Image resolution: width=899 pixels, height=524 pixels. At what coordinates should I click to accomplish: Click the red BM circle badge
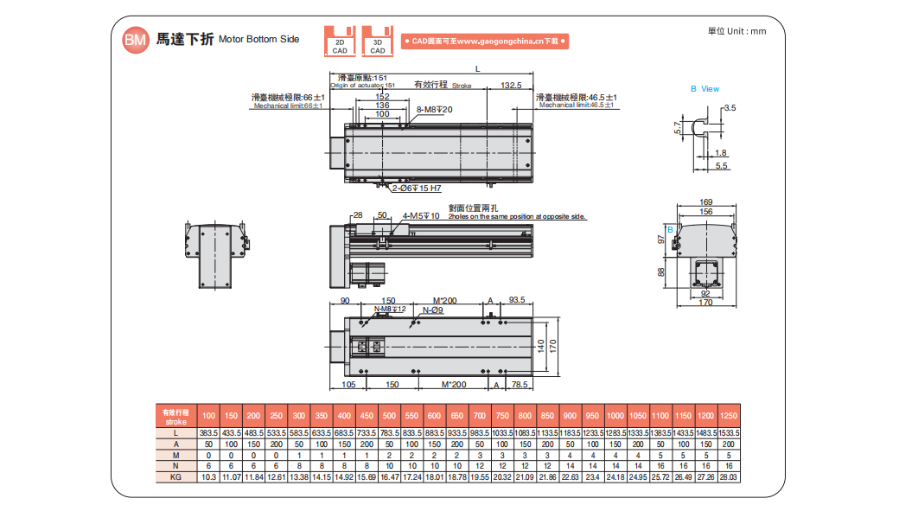pos(134,40)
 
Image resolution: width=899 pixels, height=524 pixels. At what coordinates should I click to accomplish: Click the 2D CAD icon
pos(340,41)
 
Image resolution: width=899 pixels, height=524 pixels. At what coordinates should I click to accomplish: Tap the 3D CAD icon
pos(378,41)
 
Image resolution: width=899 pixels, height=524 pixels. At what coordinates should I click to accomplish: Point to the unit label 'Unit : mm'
pos(736,31)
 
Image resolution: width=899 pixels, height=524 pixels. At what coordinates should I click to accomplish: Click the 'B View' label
pos(705,89)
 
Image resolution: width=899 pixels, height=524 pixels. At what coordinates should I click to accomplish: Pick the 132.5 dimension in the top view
pos(511,86)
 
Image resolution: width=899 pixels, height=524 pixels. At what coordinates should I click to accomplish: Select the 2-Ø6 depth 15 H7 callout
pos(417,188)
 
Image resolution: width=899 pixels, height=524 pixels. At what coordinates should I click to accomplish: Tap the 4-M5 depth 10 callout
pos(421,215)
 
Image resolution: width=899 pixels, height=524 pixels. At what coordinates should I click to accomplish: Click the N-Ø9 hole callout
pos(433,310)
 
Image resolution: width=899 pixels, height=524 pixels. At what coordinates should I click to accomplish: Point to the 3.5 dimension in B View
pos(730,108)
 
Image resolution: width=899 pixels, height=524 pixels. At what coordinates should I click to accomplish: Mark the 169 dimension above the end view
pos(706,202)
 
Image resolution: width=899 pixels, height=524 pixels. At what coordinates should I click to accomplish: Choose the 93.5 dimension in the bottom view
pos(517,301)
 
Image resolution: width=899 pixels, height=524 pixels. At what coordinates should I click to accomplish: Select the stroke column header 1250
pos(727,416)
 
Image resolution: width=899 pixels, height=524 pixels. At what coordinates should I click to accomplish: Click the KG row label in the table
pos(175,476)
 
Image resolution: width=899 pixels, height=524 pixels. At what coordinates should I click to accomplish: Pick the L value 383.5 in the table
pos(208,432)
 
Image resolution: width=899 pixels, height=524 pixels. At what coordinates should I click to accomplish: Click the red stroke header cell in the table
pos(175,416)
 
